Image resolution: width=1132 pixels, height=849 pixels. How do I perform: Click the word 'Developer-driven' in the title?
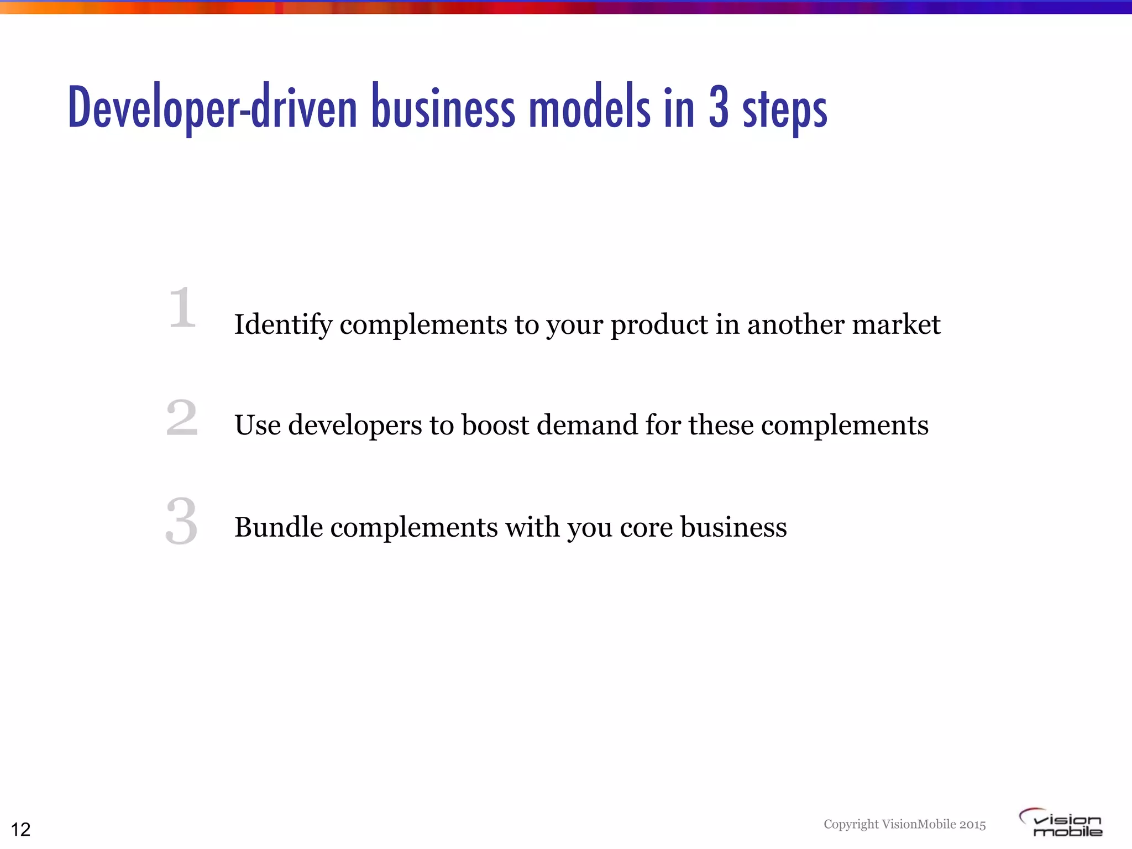pyautogui.click(x=212, y=108)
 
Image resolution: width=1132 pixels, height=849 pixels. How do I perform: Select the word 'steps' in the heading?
pyautogui.click(x=785, y=111)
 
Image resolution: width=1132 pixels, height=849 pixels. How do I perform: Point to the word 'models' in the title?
pyautogui.click(x=589, y=108)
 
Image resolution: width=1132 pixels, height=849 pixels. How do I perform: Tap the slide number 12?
pyautogui.click(x=21, y=829)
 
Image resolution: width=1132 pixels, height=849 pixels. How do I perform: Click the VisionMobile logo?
pyautogui.click(x=1061, y=822)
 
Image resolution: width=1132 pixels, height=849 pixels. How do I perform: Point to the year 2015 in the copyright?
pyautogui.click(x=972, y=824)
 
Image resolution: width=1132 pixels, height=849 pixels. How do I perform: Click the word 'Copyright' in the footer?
pyautogui.click(x=851, y=824)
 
